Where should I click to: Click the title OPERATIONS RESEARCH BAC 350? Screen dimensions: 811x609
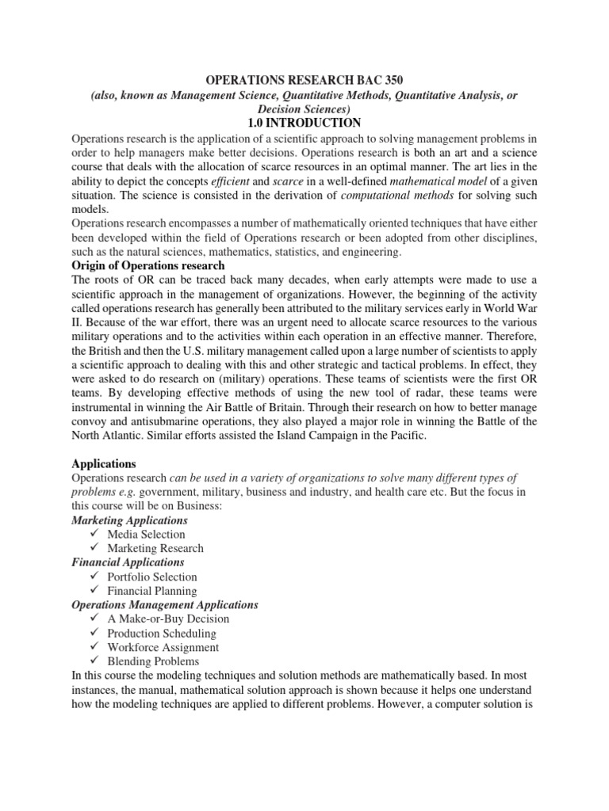click(304, 81)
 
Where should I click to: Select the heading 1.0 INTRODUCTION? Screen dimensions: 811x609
click(304, 123)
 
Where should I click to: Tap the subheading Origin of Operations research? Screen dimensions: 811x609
click(148, 265)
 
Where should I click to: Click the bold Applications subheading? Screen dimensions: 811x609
click(104, 463)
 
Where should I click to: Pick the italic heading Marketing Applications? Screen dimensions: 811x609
click(130, 520)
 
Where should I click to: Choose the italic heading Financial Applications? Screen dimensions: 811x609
click(128, 562)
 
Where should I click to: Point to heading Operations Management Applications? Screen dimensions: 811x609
click(165, 605)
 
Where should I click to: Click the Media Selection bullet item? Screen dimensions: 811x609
click(146, 535)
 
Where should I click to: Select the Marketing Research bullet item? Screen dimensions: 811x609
click(155, 548)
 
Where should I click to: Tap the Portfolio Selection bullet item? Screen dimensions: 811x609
click(152, 577)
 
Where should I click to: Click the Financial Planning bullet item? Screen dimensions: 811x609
click(152, 591)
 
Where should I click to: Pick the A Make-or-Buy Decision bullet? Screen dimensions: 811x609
click(168, 619)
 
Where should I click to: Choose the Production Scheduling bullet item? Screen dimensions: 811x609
click(162, 633)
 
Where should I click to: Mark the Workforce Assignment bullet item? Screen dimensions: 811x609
click(163, 647)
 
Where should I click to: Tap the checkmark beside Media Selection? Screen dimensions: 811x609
click(94, 535)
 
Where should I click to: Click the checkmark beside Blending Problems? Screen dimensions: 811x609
click(94, 661)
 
